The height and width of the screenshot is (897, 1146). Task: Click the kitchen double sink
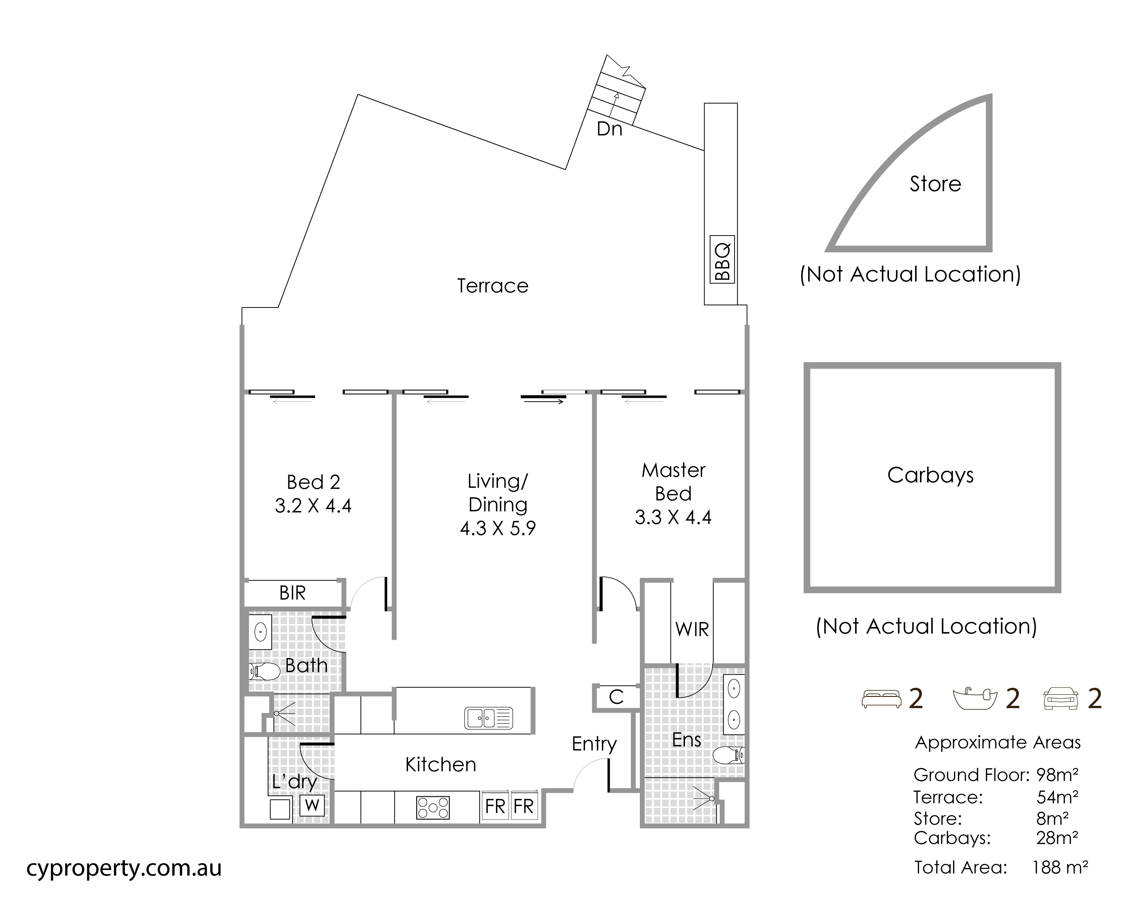[488, 718]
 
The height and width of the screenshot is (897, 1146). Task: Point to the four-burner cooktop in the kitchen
[432, 808]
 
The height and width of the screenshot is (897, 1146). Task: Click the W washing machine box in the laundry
[312, 805]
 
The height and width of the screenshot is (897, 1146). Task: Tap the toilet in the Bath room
[264, 671]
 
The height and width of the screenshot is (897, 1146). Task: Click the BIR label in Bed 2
[292, 593]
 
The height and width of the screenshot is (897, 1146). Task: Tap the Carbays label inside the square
[930, 475]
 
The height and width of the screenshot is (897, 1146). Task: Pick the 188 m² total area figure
[1059, 867]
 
